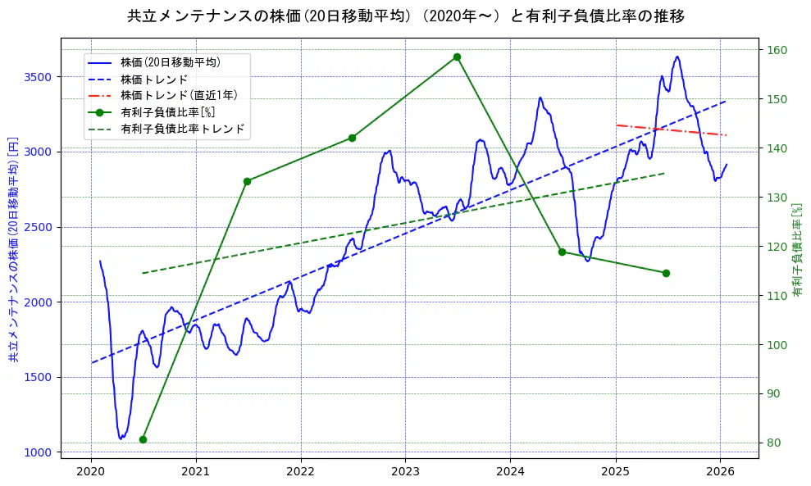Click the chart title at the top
tap(405, 16)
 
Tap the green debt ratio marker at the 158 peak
tap(457, 57)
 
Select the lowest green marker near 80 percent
tap(143, 439)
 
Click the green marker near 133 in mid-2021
tap(247, 181)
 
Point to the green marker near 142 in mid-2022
tap(352, 138)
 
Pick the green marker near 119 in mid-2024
tap(562, 252)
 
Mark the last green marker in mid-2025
tap(666, 273)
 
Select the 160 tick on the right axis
tap(776, 50)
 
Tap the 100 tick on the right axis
tap(776, 345)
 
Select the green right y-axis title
tap(797, 249)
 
